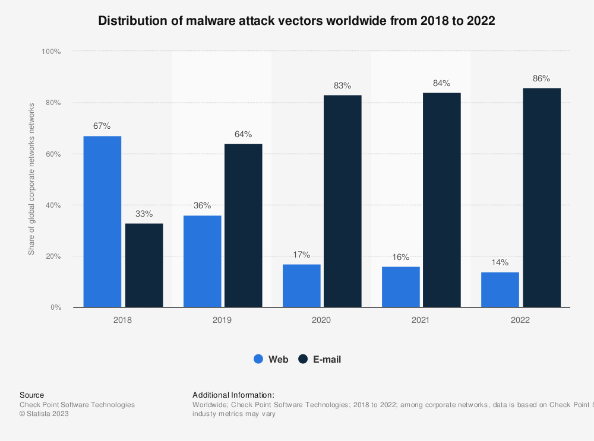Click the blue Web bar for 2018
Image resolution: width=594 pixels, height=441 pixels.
coord(102,221)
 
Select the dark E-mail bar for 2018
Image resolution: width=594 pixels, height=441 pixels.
coord(144,265)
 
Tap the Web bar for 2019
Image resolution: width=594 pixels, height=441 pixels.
coord(202,261)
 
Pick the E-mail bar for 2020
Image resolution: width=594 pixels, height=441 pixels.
coord(343,201)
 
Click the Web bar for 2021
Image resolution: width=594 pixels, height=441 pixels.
coord(401,287)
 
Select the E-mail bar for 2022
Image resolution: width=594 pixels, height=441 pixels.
coord(542,198)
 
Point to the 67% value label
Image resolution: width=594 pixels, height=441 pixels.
coord(102,126)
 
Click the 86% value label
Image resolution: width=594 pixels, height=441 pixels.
coord(542,78)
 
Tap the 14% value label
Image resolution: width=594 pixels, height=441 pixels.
coord(500,262)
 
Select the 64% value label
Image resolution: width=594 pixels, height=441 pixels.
coord(243,134)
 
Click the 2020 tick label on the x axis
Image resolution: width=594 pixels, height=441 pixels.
coord(321,320)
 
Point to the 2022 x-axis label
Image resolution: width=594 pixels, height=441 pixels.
coord(520,320)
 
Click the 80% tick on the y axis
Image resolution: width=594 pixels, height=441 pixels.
coord(52,103)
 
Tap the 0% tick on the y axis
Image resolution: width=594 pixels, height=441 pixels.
coord(55,307)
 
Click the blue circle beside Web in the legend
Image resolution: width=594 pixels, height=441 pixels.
coord(258,359)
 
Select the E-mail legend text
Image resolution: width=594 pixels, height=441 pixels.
coord(327,359)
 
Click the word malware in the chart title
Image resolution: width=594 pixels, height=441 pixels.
coord(214,21)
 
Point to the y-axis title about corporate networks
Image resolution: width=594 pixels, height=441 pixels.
coord(31,179)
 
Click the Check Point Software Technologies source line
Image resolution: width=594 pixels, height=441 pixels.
coord(77,405)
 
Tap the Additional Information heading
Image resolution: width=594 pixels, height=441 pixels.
coord(233,395)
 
